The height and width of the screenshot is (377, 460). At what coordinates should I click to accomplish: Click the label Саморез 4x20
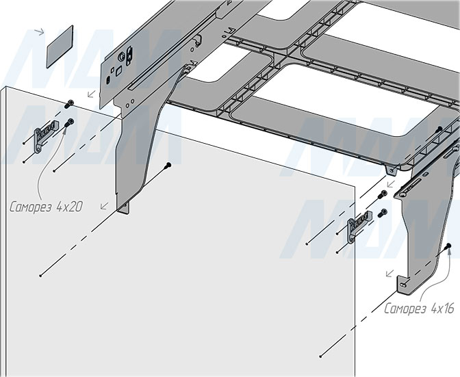(x=47, y=206)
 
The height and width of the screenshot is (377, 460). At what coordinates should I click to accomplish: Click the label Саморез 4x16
(x=418, y=309)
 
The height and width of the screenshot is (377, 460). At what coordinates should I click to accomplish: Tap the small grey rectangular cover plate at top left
(x=60, y=47)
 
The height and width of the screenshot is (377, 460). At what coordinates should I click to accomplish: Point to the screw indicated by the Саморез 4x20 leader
(x=69, y=123)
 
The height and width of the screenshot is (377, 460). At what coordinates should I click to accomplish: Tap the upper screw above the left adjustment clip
(x=69, y=103)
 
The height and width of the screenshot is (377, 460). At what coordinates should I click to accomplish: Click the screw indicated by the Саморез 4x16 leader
(x=446, y=246)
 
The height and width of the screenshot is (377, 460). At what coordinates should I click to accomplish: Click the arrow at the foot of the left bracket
(x=103, y=205)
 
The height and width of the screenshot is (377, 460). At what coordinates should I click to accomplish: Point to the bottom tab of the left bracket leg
(x=123, y=207)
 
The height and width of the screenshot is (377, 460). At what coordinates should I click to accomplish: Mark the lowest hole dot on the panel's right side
(x=321, y=356)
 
